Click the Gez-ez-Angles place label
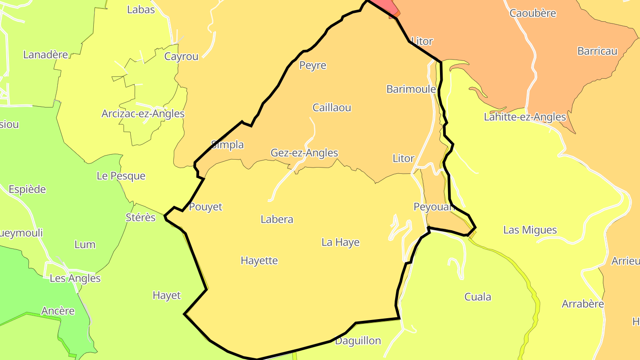[x=304, y=153]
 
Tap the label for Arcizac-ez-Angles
[x=143, y=114]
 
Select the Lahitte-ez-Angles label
[x=525, y=117]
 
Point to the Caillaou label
[x=332, y=108]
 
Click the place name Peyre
[x=312, y=66]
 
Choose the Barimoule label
[x=411, y=89]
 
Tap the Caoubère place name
[x=532, y=13]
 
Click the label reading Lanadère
[x=45, y=55]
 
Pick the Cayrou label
[x=181, y=56]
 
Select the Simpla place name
[x=227, y=145]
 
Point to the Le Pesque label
[x=121, y=176]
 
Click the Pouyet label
[x=205, y=207]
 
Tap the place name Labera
[x=277, y=220]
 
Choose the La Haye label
[x=340, y=243]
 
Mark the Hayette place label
[x=259, y=261]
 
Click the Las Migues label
[x=530, y=230]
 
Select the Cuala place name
[x=478, y=297]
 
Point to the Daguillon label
[x=358, y=341]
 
